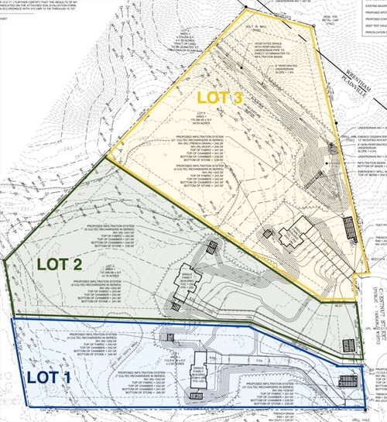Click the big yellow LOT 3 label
pos(219,98)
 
